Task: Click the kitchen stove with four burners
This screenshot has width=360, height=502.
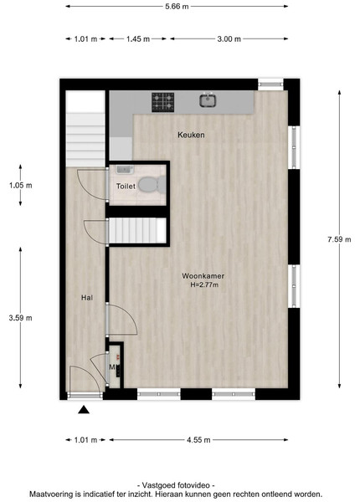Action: [163, 102]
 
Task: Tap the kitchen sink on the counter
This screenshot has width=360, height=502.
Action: [208, 100]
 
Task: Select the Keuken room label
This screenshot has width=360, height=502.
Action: [191, 135]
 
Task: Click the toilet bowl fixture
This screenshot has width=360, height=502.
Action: [152, 185]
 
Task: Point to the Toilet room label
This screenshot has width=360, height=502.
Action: [126, 186]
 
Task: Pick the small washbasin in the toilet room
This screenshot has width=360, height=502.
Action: [125, 169]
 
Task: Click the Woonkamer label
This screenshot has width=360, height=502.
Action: [203, 275]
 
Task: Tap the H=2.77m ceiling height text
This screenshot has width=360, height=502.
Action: [204, 284]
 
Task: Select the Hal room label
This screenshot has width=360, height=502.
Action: [87, 298]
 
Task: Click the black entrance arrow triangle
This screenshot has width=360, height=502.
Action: [84, 409]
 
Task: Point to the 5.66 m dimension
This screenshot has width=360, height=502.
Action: [177, 7]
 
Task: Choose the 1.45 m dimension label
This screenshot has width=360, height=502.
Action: [138, 39]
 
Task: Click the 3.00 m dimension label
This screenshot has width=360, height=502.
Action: [229, 39]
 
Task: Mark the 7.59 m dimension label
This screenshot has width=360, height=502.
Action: [339, 239]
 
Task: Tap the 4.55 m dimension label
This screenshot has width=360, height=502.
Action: [198, 440]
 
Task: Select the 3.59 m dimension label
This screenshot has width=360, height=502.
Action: [20, 318]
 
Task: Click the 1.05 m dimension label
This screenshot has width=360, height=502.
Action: [20, 185]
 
